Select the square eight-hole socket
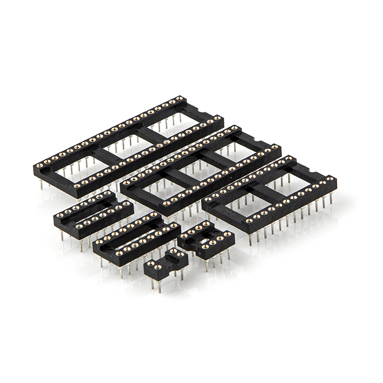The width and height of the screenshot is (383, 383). point(208,240)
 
